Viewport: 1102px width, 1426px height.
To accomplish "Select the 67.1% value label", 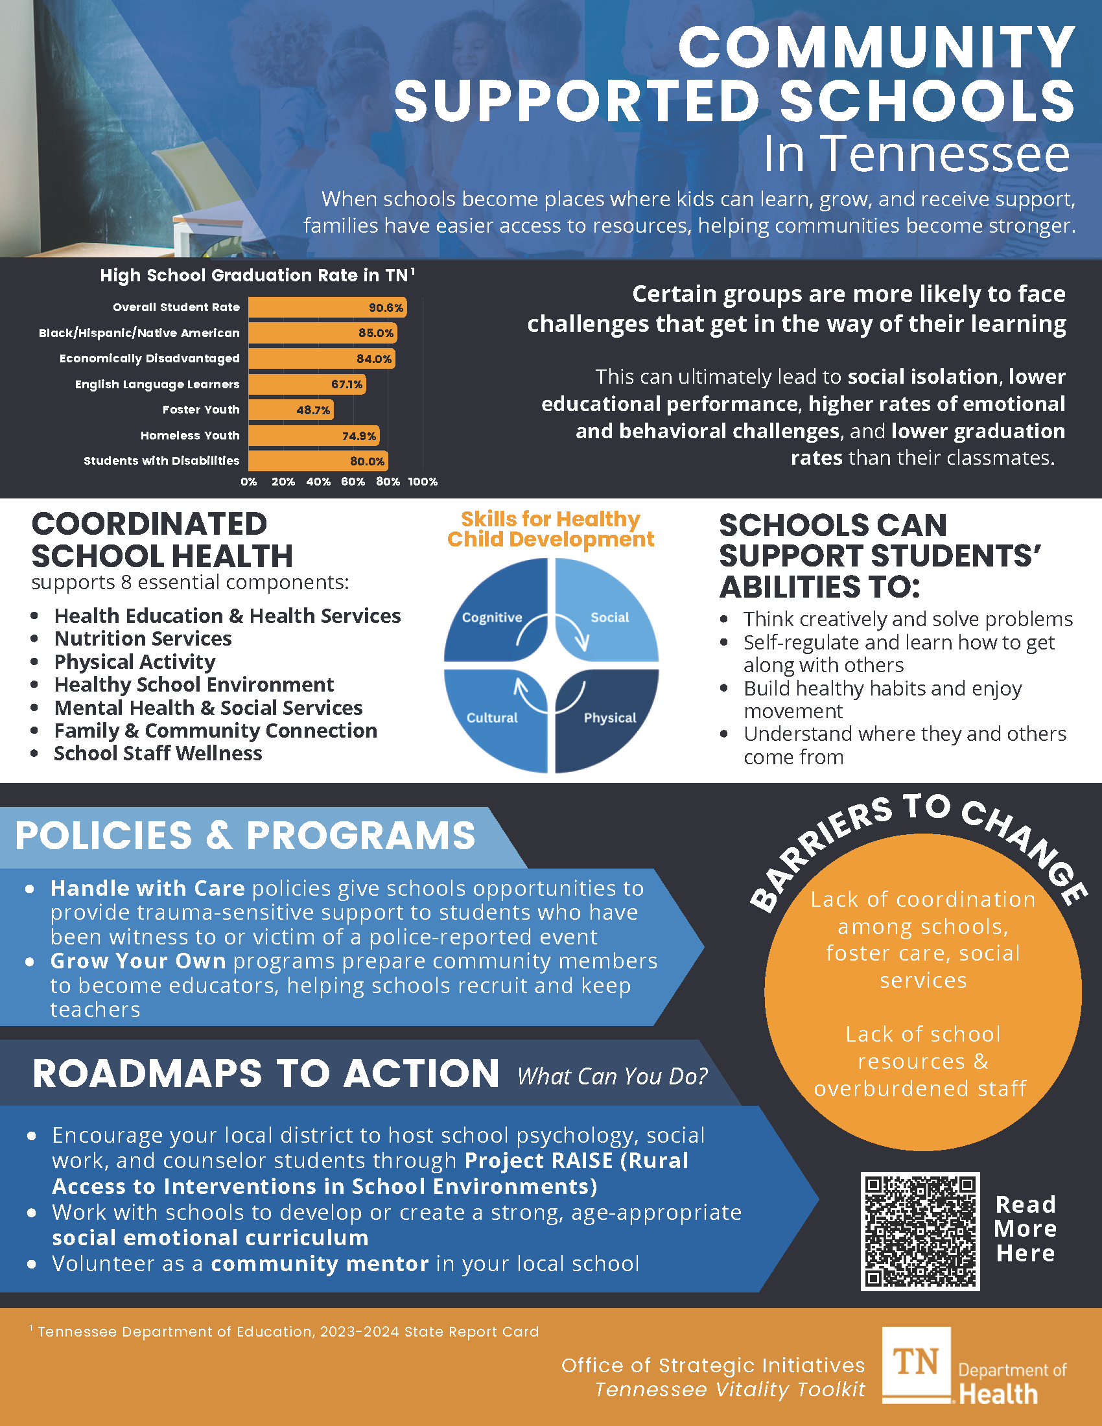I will (x=347, y=384).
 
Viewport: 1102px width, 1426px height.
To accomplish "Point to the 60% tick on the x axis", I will (x=353, y=482).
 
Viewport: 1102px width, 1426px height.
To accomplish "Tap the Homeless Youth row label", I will (x=190, y=436).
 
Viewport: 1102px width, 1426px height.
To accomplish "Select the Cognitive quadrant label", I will (x=491, y=618).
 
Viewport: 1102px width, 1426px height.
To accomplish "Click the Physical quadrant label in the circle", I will (x=610, y=718).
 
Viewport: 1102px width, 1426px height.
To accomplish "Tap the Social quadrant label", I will (x=610, y=618).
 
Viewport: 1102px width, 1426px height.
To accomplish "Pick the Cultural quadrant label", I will (x=491, y=718).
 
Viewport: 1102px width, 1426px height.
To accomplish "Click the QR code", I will (x=920, y=1232).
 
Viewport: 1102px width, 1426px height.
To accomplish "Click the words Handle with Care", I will (x=148, y=889).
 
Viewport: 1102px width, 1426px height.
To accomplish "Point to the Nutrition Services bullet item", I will (x=143, y=638).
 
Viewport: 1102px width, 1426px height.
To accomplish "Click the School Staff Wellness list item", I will (x=158, y=753).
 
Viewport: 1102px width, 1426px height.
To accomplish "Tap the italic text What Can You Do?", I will (x=612, y=1076).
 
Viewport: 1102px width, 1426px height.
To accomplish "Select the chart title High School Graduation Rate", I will (x=254, y=275).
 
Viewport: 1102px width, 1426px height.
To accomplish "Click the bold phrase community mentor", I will (x=319, y=1264).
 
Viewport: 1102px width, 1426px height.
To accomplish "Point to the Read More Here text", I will (x=1025, y=1229).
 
